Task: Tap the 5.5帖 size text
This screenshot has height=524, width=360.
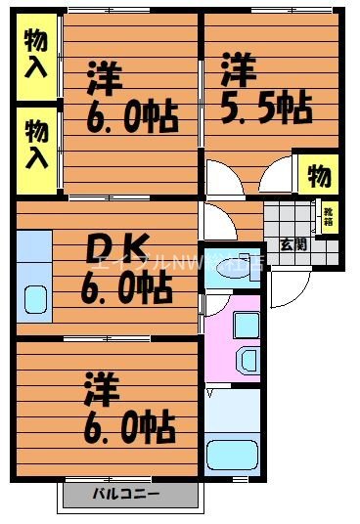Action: [266, 106]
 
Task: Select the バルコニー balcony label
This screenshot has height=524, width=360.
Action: [127, 493]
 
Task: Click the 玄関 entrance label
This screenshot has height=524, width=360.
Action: [292, 243]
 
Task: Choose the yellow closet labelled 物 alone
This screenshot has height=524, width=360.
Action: [319, 175]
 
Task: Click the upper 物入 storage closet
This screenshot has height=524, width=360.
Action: [37, 53]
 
